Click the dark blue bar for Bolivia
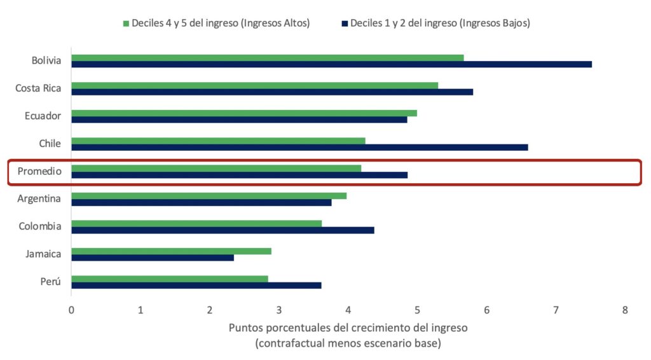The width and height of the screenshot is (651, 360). pos(331,64)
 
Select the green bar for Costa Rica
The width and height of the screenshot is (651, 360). pos(254,85)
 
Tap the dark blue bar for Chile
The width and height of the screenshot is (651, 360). pos(299,147)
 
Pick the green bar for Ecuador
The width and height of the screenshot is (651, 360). pos(244,113)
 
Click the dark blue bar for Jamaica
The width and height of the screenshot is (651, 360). pos(153,258)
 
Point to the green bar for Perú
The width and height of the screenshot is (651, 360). pos(170,279)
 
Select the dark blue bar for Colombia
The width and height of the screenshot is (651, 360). pos(223,230)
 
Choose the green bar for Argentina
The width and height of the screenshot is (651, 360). pos(209,196)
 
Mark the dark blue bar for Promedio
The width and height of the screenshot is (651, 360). pos(239,175)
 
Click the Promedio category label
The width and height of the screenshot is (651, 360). pos(39,171)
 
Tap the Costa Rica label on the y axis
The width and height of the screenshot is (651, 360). pos(38,88)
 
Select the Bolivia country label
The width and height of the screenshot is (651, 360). pos(46,61)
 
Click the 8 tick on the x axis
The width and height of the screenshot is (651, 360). pos(625,310)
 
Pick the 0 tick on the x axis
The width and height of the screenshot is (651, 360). pos(71,310)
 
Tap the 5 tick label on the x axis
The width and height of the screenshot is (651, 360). pos(417,310)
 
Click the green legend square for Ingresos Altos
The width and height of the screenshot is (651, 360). pos(126,24)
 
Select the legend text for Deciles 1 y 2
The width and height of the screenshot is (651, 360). pos(441,23)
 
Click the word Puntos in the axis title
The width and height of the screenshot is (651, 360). pos(244,328)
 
